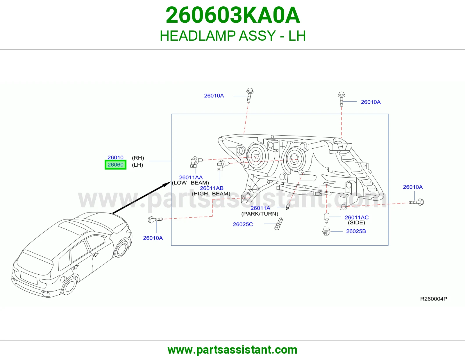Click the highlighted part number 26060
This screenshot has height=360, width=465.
click(115, 165)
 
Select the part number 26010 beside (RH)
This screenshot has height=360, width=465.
click(115, 157)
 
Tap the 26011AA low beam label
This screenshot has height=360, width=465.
click(191, 177)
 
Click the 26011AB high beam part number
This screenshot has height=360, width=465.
click(212, 188)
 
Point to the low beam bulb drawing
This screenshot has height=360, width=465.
click(196, 162)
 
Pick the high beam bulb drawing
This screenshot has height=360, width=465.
click(222, 165)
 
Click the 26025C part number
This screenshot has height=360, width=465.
click(243, 224)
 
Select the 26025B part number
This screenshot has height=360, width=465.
click(356, 231)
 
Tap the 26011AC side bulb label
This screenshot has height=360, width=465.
click(357, 217)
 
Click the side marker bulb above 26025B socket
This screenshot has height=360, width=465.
click(326, 218)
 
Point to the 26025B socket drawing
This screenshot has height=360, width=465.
click(326, 231)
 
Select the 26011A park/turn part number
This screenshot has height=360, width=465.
click(260, 208)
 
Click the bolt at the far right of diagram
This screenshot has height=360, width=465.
click(416, 202)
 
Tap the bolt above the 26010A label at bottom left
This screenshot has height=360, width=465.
click(155, 219)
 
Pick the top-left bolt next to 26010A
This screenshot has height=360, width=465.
click(250, 95)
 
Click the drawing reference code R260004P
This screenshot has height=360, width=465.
click(434, 299)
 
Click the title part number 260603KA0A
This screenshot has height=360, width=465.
click(233, 15)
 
